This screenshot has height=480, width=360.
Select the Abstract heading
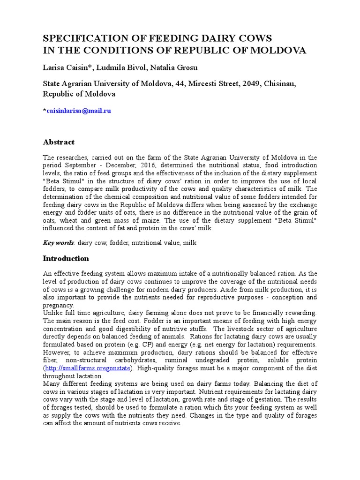(59, 142)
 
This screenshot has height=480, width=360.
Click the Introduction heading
(66, 258)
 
